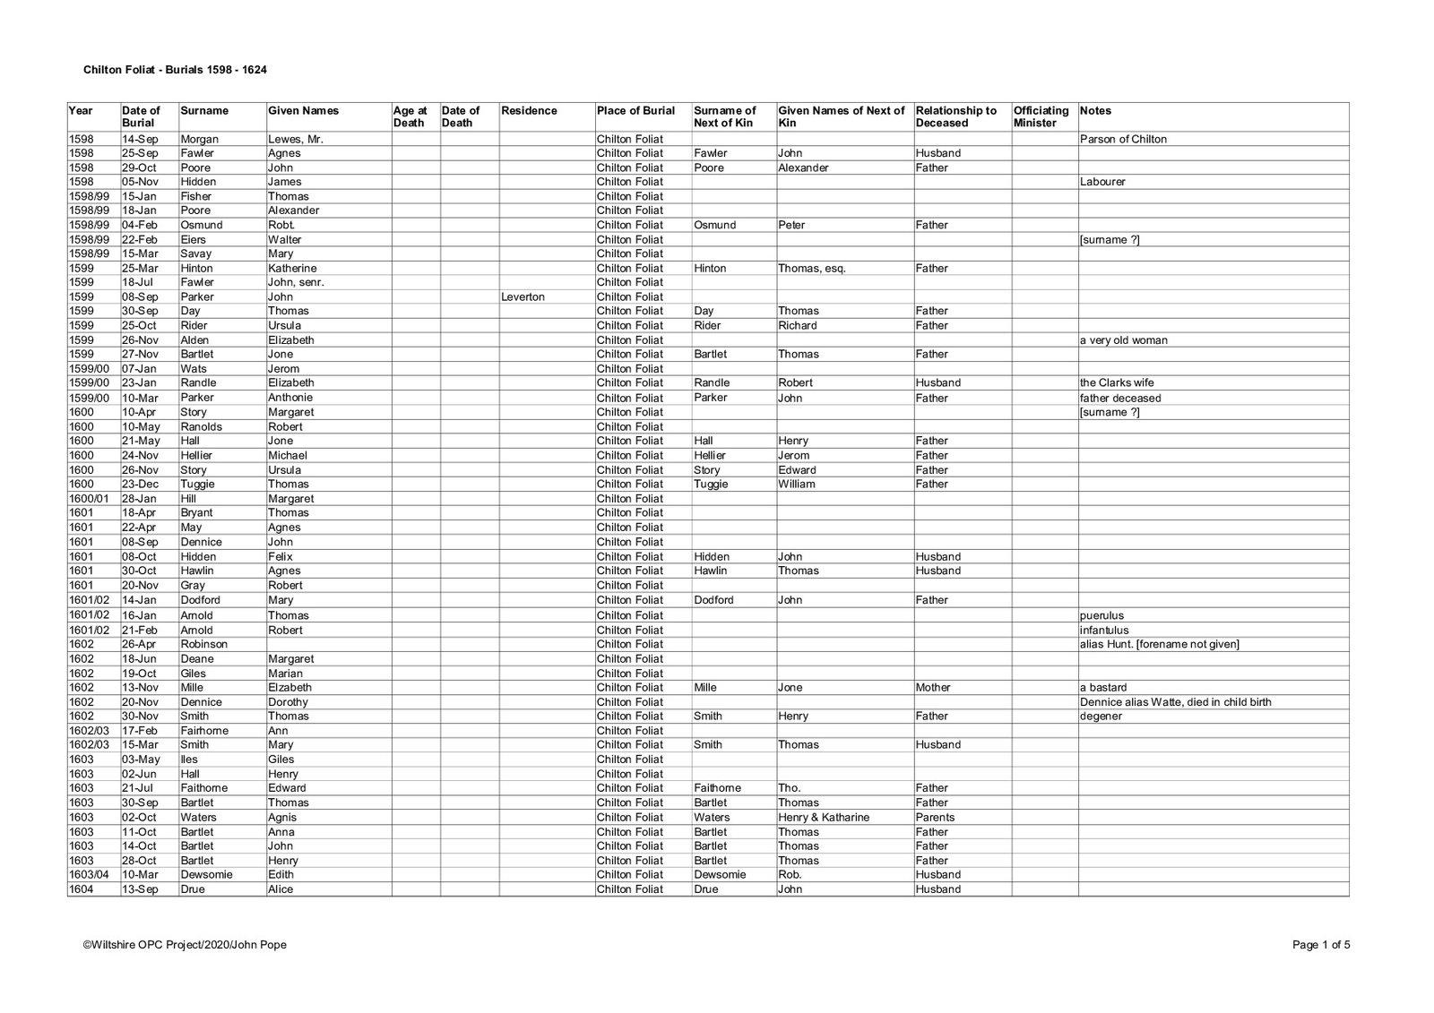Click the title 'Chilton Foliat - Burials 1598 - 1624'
pos(175,69)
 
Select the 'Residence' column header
pos(529,111)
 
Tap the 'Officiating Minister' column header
pos(1041,116)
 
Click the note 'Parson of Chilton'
pos(1123,139)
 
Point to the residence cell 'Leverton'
pos(523,296)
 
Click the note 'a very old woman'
pos(1124,340)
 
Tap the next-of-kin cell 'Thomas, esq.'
pos(811,268)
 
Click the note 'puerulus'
pos(1101,615)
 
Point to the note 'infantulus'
pos(1104,630)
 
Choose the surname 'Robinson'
pos(204,644)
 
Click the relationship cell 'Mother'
pos(933,687)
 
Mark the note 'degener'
pos(1101,716)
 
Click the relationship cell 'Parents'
pos(935,817)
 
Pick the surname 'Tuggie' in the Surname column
pos(198,484)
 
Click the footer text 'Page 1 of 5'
pos(1321,944)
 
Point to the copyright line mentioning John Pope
pos(186,944)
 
